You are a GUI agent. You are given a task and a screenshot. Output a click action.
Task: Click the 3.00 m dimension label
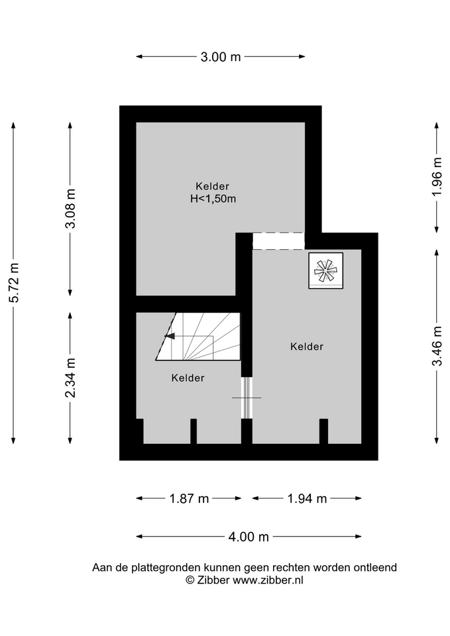[x=221, y=57]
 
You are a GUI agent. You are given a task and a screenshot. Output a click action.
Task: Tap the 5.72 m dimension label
[x=15, y=283]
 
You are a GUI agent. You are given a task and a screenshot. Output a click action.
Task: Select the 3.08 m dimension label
[x=71, y=209]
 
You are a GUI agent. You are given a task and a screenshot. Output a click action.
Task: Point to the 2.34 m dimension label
[x=71, y=378]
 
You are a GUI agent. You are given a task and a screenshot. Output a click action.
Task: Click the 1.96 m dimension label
[x=437, y=177]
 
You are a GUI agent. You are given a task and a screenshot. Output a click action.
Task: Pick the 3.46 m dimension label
[x=437, y=346]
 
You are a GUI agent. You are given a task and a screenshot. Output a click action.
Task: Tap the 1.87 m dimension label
[x=189, y=498]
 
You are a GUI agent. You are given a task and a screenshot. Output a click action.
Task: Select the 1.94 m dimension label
[x=307, y=498]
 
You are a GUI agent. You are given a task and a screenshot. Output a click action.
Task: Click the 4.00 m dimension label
[x=249, y=537]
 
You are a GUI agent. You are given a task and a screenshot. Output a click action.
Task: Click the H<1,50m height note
[x=213, y=199]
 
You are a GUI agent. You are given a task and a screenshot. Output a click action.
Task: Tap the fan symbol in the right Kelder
[x=326, y=270]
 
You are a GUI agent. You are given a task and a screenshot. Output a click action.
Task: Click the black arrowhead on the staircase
[x=170, y=336]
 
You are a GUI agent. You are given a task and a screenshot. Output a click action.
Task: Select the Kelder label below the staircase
[x=188, y=378]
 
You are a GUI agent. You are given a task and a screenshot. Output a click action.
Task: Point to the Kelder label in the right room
[x=307, y=346]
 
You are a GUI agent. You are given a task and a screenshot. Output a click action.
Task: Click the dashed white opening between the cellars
[x=278, y=241]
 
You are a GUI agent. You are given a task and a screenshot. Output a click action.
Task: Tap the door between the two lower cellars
[x=247, y=398]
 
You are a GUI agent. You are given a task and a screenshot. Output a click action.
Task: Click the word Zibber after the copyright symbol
[x=213, y=580]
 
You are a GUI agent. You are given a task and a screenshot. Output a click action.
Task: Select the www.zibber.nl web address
[x=268, y=580]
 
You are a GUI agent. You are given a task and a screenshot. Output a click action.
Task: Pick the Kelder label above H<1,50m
[x=212, y=186]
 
